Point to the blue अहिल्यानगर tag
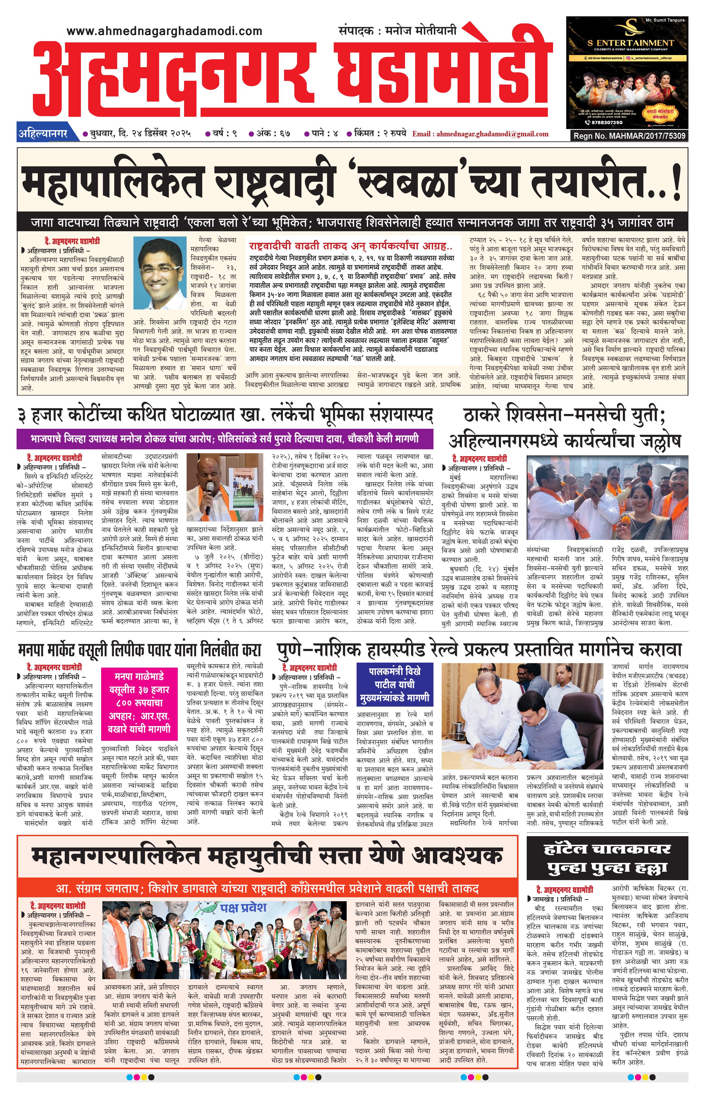pos(43,134)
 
